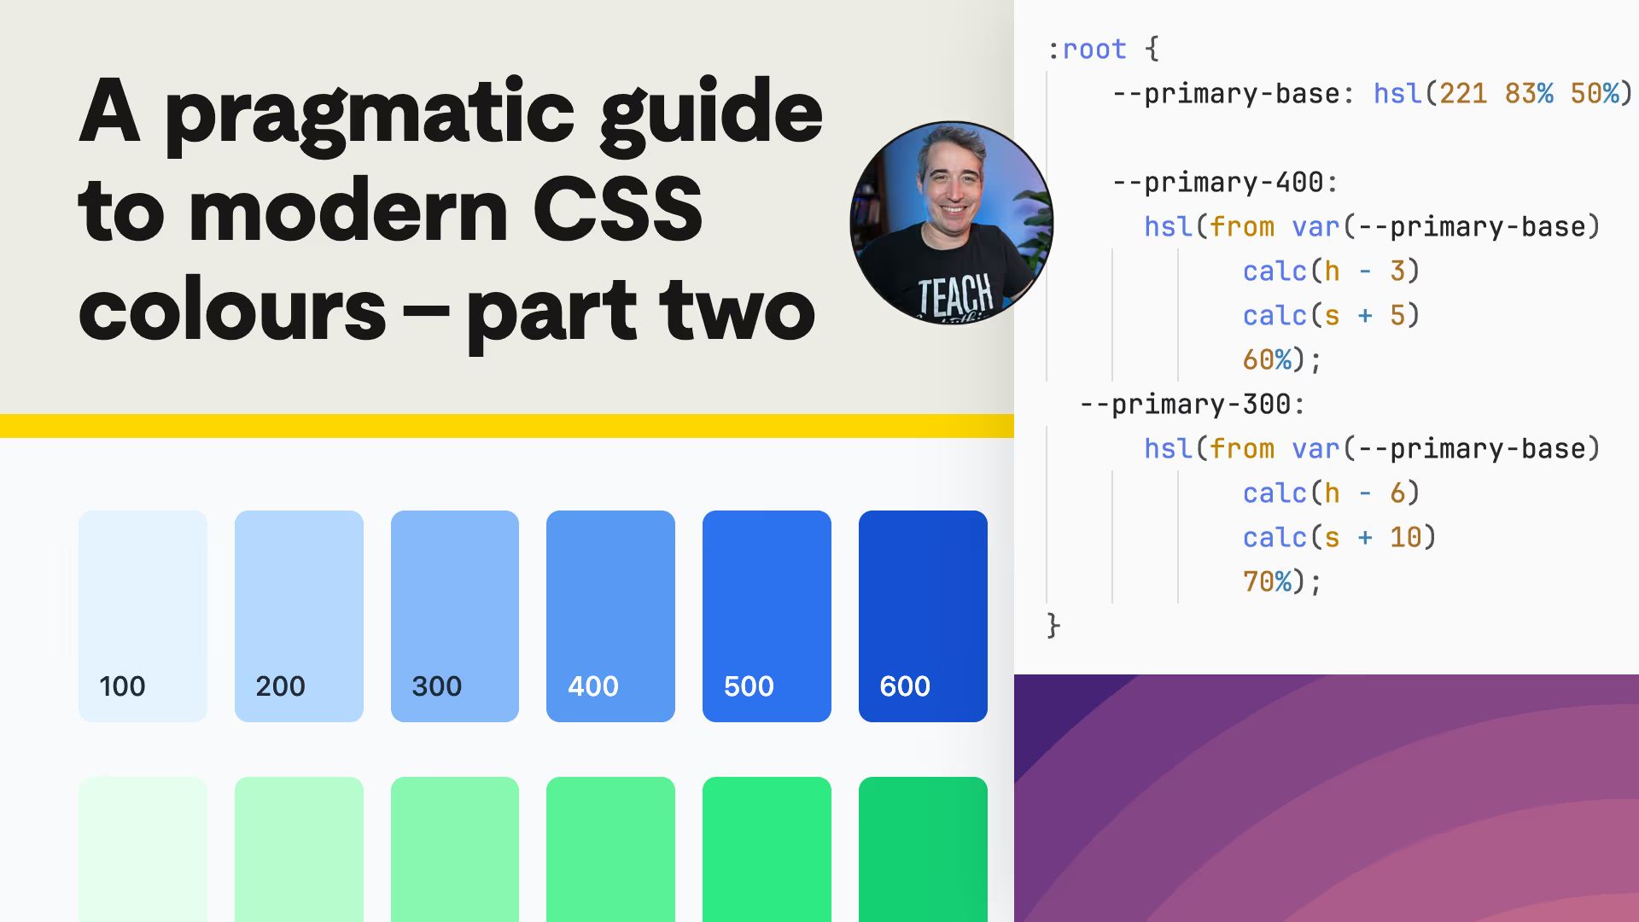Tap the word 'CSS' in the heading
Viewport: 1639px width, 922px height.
click(617, 210)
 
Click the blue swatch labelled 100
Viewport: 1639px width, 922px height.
click(143, 598)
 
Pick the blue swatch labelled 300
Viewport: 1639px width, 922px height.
click(454, 598)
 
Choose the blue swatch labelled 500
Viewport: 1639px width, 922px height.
click(767, 598)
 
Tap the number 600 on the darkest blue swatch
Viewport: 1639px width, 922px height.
click(905, 686)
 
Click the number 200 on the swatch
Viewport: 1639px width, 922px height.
click(280, 686)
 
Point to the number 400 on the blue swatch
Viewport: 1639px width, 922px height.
click(593, 686)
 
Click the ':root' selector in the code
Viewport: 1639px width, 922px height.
click(1087, 50)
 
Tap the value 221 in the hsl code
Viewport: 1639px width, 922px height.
click(1463, 94)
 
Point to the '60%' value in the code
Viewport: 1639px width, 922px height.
click(1267, 360)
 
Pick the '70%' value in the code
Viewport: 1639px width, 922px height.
click(1267, 582)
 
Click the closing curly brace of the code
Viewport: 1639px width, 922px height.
click(1053, 626)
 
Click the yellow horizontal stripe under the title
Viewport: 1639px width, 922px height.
click(507, 425)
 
